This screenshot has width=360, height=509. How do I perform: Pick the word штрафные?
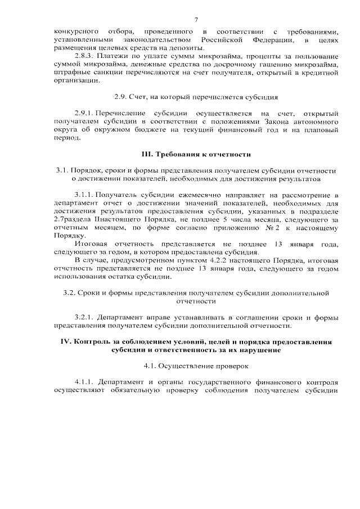69,74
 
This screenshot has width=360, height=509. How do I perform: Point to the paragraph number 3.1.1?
86,195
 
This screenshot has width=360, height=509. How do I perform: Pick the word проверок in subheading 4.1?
222,366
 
